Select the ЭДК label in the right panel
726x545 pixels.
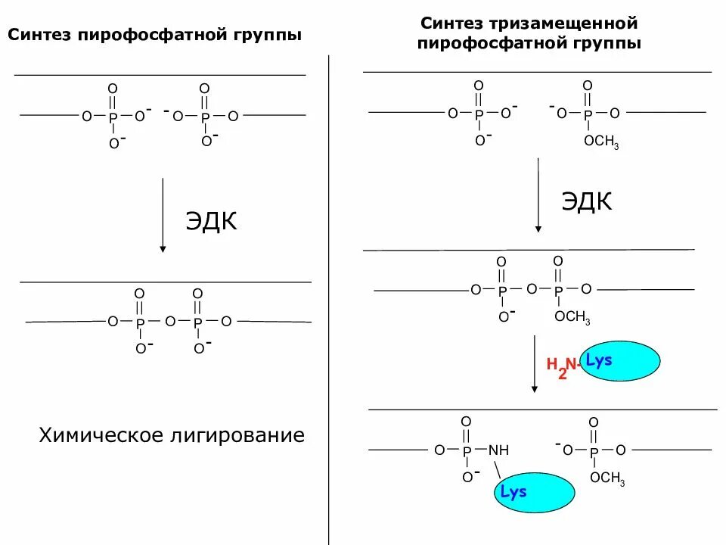tap(586, 201)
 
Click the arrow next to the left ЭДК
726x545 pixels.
tap(163, 216)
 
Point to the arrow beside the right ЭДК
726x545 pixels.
tap(538, 195)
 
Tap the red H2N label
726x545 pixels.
tap(561, 365)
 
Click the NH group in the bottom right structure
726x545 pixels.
tap(499, 450)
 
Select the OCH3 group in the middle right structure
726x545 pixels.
tap(572, 317)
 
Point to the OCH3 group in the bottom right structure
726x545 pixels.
tap(607, 478)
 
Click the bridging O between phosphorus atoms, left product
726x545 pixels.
tap(169, 322)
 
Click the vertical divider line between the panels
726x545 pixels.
tap(329, 303)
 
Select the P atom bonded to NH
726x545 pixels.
tap(467, 450)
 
